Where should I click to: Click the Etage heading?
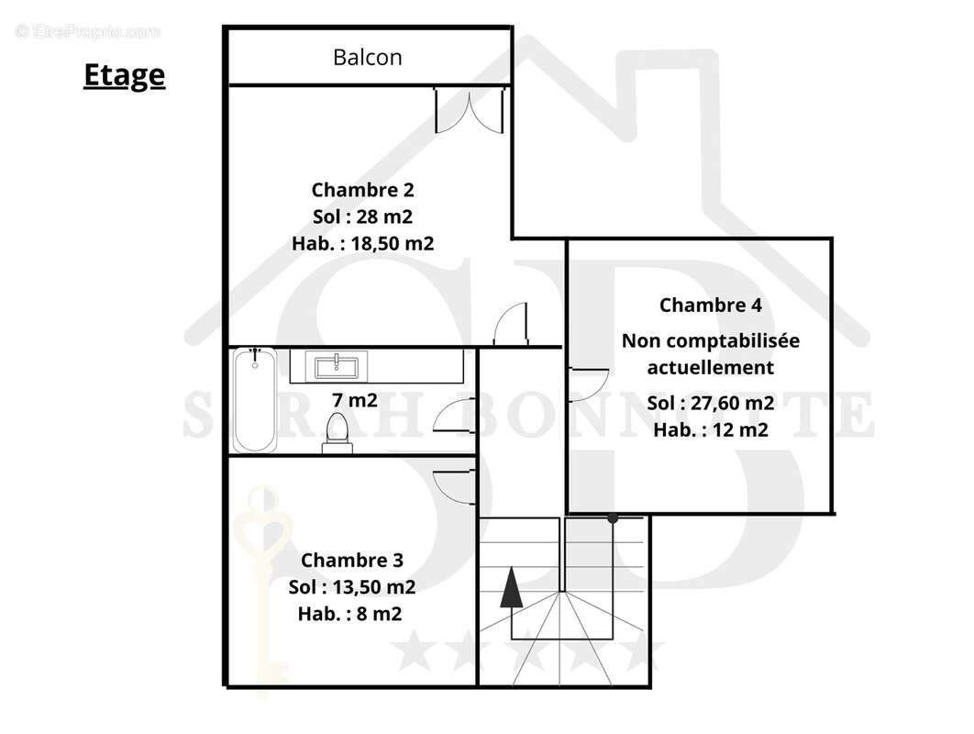pyautogui.click(x=124, y=74)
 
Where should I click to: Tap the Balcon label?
pyautogui.click(x=367, y=57)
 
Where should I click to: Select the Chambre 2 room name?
pyautogui.click(x=362, y=190)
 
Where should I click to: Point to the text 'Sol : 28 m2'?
pyautogui.click(x=362, y=217)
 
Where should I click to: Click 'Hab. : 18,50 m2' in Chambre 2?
pyautogui.click(x=362, y=243)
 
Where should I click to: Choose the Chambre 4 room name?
pyautogui.click(x=710, y=305)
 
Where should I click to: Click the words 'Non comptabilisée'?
pyautogui.click(x=710, y=340)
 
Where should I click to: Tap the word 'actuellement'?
pyautogui.click(x=710, y=367)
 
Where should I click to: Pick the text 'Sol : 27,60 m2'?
pyautogui.click(x=710, y=403)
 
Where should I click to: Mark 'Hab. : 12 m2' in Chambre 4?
pyautogui.click(x=710, y=429)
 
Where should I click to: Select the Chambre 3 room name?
pyautogui.click(x=352, y=560)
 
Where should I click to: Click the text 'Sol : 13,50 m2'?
pyautogui.click(x=352, y=586)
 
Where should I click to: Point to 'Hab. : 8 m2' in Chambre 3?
pyautogui.click(x=349, y=613)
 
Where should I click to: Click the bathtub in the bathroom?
pyautogui.click(x=254, y=400)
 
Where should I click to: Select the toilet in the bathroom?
pyautogui.click(x=337, y=431)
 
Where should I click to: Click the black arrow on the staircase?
pyautogui.click(x=511, y=587)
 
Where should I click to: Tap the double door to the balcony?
pyautogui.click(x=470, y=109)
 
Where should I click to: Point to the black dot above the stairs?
pyautogui.click(x=613, y=518)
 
